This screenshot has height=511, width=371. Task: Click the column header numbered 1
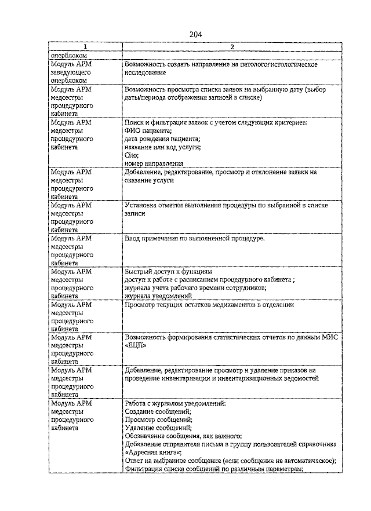[x=85, y=47]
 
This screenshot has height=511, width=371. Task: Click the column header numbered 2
[x=231, y=47]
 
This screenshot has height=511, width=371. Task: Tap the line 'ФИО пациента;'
[x=148, y=131]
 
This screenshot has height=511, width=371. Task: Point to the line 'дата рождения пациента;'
[x=162, y=139]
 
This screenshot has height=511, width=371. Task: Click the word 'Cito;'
[x=132, y=156]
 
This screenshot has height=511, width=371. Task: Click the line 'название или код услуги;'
[x=163, y=147]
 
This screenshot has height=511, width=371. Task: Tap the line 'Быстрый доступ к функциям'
[x=169, y=271]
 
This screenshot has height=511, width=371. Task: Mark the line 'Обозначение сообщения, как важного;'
[x=183, y=436]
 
